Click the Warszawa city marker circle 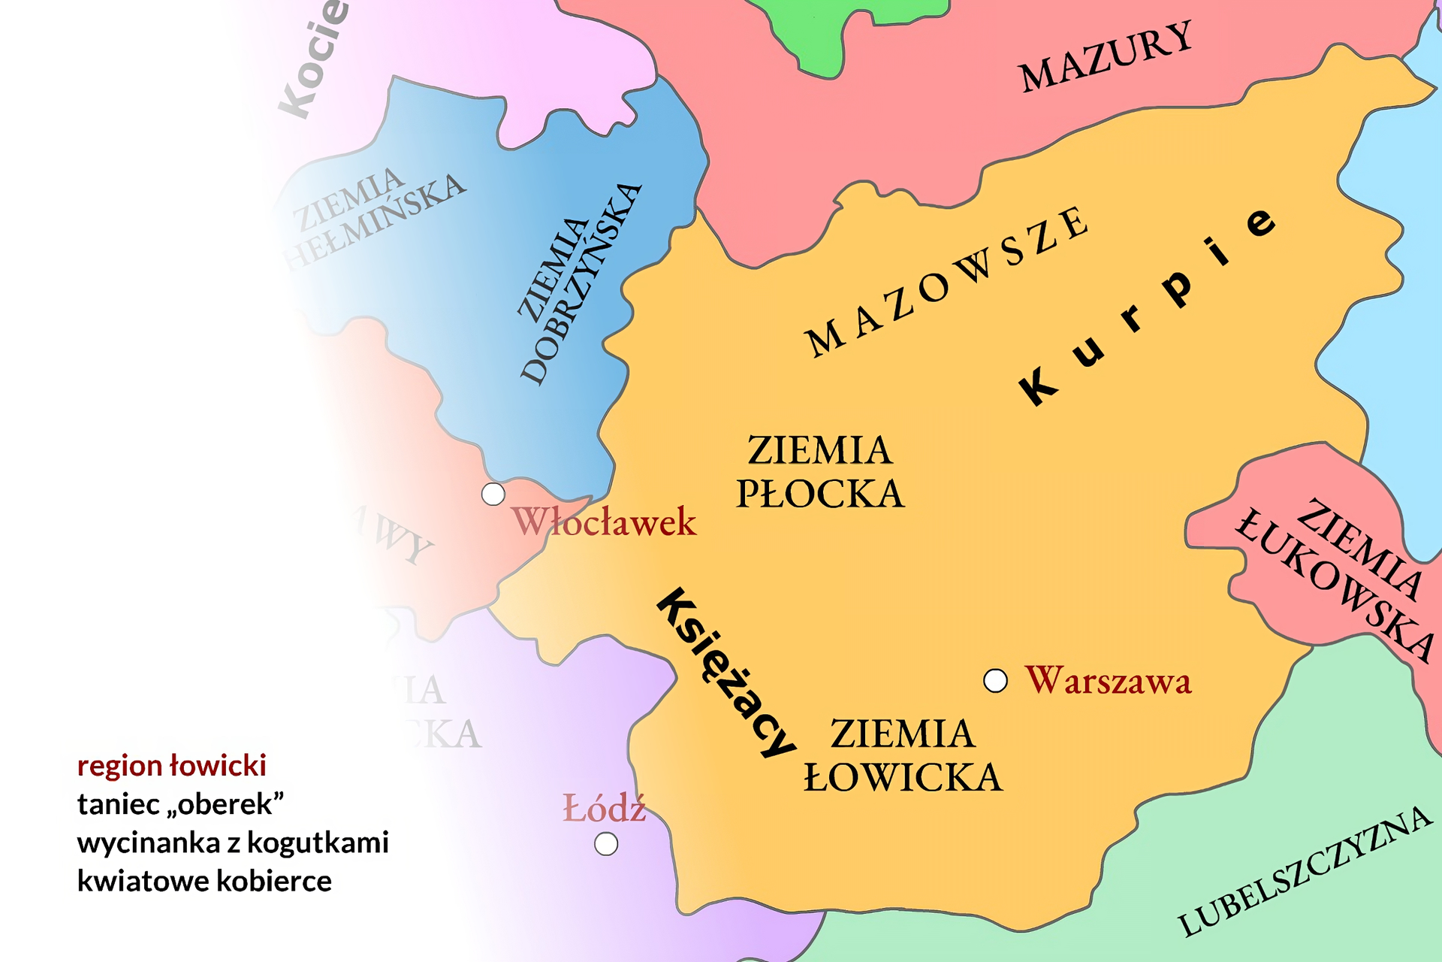coord(995,681)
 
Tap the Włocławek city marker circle coord(493,495)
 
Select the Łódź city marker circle coord(606,844)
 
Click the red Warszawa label coord(1109,681)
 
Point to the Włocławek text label coord(605,522)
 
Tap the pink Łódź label coord(605,809)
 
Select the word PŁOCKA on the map coord(820,495)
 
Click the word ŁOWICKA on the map coord(903,778)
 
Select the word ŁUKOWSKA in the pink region coord(1333,586)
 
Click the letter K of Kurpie coord(1039,386)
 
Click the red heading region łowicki coord(171,766)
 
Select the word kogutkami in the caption coord(318,843)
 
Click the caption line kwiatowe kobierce coord(204,881)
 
